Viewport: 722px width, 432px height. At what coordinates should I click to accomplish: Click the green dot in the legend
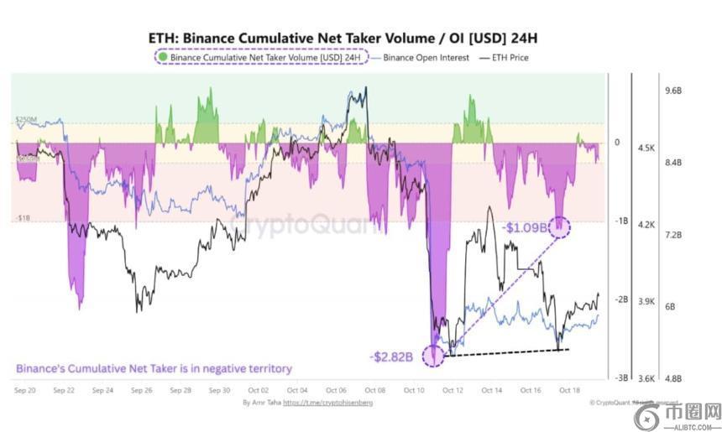coord(164,58)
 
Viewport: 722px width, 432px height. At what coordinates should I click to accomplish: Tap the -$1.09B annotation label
coord(525,227)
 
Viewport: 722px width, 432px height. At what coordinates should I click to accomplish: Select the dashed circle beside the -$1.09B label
coord(559,226)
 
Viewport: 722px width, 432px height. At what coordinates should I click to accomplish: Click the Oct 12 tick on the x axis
coord(453,390)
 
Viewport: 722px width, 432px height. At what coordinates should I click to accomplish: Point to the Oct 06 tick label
coord(336,390)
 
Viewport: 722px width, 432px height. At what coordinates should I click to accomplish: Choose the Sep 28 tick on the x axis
coord(180,390)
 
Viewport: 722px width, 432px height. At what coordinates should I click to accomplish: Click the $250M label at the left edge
coord(26,121)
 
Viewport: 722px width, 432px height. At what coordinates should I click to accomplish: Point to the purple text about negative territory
coord(154,367)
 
